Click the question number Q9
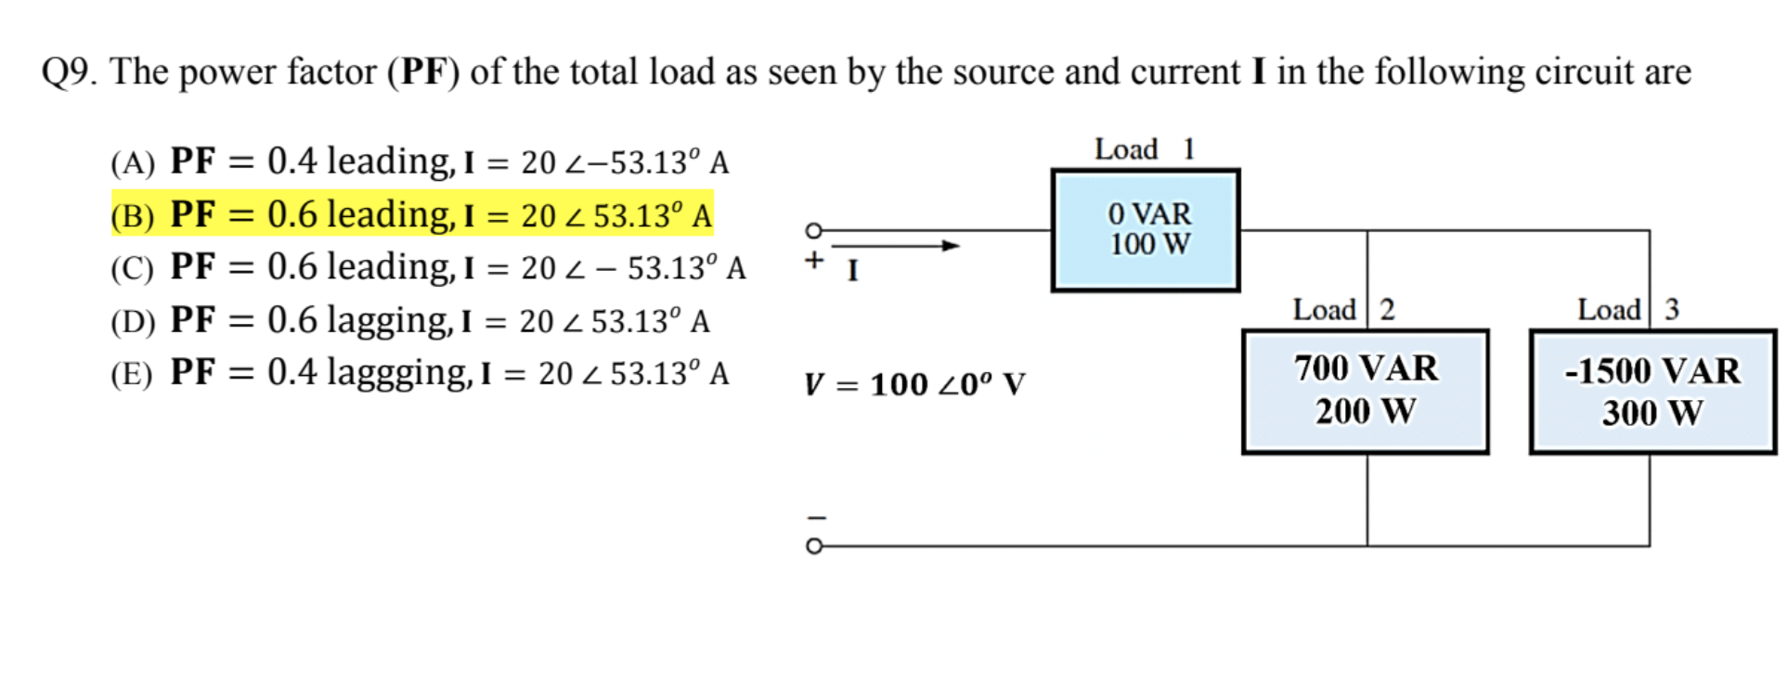tap(68, 72)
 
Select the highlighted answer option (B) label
tap(132, 216)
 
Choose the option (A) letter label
tap(132, 163)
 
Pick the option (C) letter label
tap(132, 269)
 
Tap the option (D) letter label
tap(132, 322)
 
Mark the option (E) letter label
tap(132, 374)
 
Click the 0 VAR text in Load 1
tap(1149, 214)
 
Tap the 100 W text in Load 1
tap(1149, 245)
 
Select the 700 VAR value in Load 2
tap(1366, 368)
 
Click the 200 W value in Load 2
tap(1366, 411)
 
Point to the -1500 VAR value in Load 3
tap(1652, 371)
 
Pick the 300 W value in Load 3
tap(1652, 413)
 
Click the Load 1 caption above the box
tap(1144, 149)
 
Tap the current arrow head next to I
tap(951, 246)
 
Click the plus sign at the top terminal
tap(814, 260)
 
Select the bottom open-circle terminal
tap(814, 546)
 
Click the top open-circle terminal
tap(814, 230)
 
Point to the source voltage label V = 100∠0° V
tap(914, 384)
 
